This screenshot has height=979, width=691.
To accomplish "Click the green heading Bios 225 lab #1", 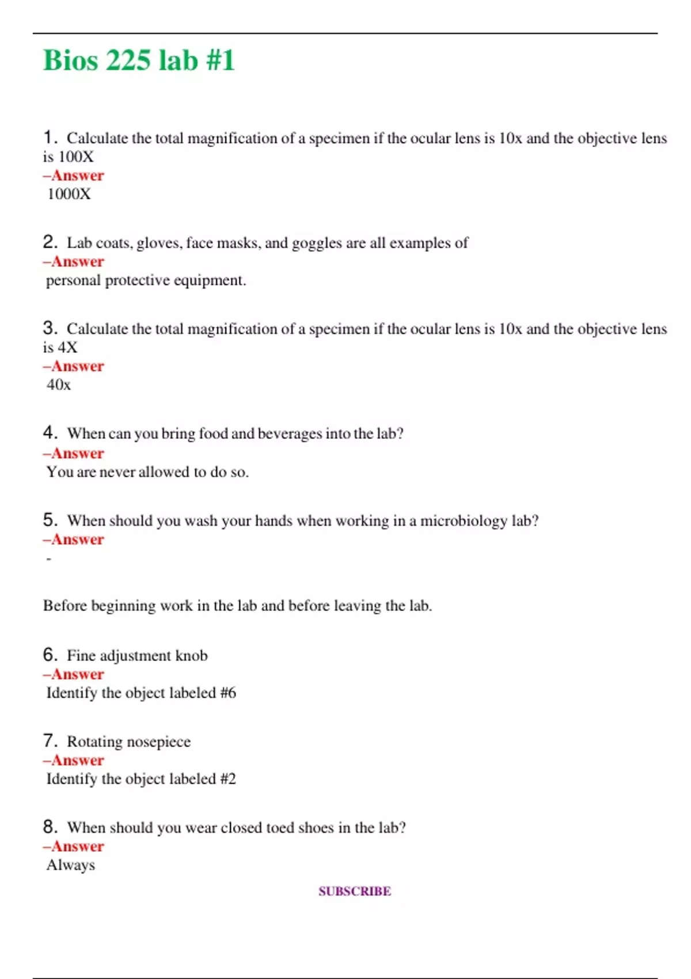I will point(139,60).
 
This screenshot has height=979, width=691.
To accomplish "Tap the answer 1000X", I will point(69,194).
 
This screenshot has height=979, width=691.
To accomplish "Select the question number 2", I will point(50,242).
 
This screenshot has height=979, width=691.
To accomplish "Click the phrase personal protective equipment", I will point(146,280).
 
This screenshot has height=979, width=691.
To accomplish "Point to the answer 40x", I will point(59,385).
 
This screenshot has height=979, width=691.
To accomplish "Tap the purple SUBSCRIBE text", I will point(355,891).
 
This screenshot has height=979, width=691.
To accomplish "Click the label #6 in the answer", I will point(228,693).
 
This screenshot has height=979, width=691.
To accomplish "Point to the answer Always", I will point(71,865).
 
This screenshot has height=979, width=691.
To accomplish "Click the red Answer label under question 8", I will point(74,847).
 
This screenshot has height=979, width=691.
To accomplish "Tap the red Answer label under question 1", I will point(74,176).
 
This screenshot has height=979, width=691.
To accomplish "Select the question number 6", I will point(50,655).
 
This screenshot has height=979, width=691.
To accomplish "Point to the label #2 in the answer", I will point(228,779).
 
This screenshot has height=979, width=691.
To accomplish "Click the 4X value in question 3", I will point(67,348).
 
